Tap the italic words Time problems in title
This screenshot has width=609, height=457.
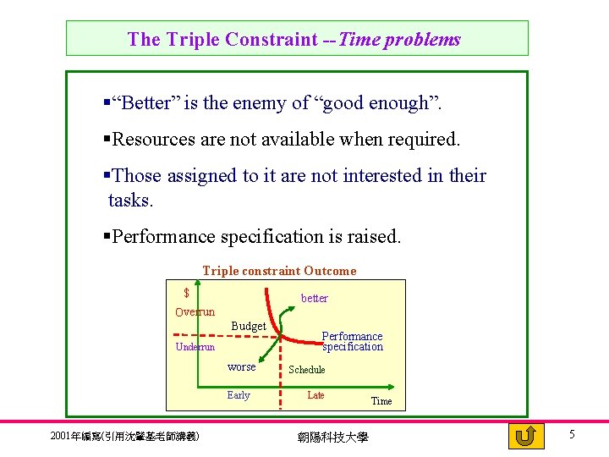(x=399, y=39)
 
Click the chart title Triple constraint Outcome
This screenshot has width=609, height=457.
(x=279, y=271)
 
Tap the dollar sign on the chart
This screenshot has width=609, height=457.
(x=187, y=293)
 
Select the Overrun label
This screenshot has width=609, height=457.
(x=195, y=312)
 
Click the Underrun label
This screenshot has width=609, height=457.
(x=195, y=347)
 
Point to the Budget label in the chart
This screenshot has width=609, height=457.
(x=249, y=327)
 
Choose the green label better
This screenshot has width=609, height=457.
(x=315, y=298)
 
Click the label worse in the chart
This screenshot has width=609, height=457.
(x=241, y=367)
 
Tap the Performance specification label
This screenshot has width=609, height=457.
(x=352, y=341)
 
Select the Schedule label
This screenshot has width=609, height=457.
(x=306, y=370)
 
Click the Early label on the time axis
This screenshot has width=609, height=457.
(x=239, y=395)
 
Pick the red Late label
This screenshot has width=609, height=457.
(x=315, y=395)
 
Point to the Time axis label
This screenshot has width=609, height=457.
(x=381, y=401)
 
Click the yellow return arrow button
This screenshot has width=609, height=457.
(x=526, y=436)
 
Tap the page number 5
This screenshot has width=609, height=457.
(x=572, y=434)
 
